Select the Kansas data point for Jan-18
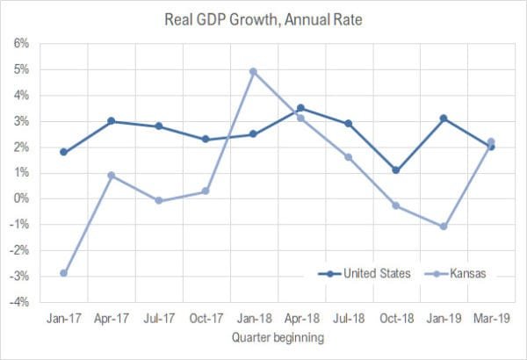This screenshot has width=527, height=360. click(253, 72)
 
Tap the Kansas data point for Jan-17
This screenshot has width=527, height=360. click(64, 273)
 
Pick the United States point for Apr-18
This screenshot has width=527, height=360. click(300, 108)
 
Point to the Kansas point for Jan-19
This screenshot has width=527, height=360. click(443, 227)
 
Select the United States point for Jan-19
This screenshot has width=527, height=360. click(443, 119)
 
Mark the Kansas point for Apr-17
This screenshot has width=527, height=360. click(112, 176)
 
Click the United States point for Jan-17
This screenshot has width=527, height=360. click(64, 152)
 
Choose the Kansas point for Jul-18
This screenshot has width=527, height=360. click(348, 157)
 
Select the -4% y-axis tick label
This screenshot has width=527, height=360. click(18, 303)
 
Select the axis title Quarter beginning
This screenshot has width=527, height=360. click(277, 336)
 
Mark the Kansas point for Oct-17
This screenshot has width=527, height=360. click(206, 191)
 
